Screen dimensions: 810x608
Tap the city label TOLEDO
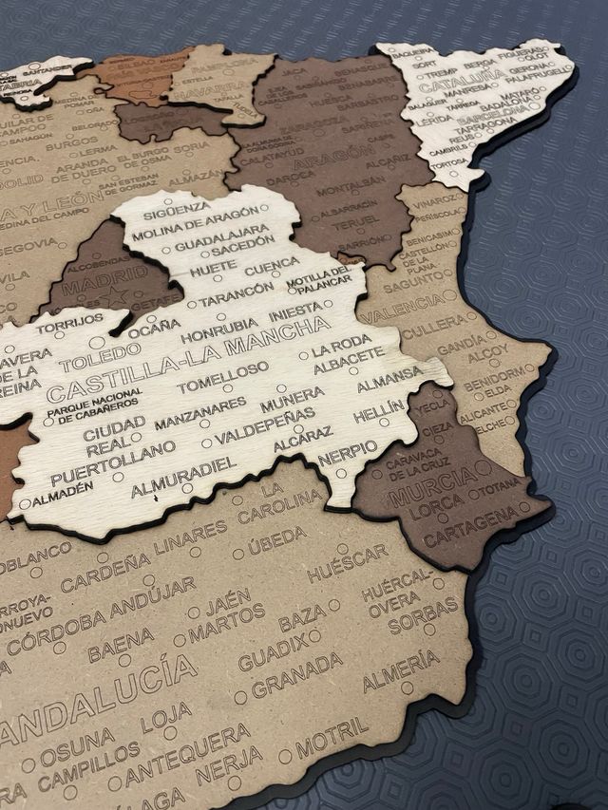point(93,358)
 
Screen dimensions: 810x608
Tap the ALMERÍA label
point(401,669)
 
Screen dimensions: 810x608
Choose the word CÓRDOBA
point(57,631)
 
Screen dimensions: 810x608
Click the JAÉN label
point(227,600)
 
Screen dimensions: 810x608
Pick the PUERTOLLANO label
point(114,462)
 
